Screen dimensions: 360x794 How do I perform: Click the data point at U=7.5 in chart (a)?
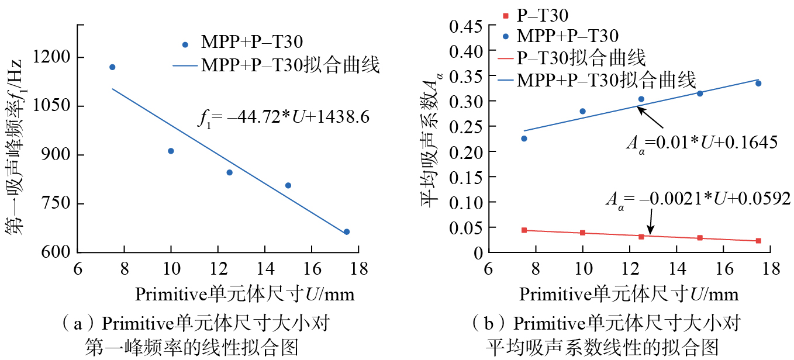point(112,67)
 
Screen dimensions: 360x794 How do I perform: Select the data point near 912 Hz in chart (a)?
point(171,151)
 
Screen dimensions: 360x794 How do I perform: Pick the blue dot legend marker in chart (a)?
point(185,44)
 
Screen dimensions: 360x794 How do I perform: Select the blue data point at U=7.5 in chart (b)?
point(524,139)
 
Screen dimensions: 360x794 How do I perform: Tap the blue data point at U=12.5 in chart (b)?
point(641,99)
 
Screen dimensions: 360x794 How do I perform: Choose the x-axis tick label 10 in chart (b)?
point(582,269)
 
